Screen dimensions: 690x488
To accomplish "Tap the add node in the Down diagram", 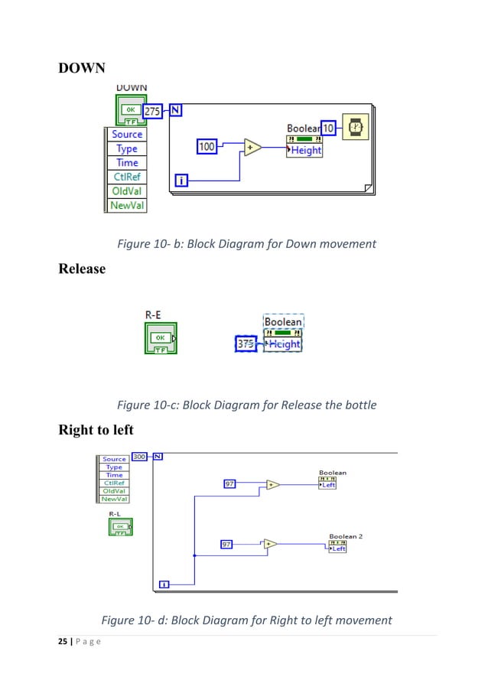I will (252, 147).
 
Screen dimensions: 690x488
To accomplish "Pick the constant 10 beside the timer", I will (328, 129).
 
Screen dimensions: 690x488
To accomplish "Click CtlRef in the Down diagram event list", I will (126, 177).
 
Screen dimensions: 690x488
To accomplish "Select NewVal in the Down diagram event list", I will (126, 205).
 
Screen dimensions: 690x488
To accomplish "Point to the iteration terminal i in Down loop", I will (182, 181).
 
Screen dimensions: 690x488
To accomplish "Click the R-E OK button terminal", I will (161, 337).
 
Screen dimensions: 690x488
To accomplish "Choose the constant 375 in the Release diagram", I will (246, 344).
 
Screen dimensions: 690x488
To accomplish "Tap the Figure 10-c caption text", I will (246, 404).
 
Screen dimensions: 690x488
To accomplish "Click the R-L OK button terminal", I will (120, 526).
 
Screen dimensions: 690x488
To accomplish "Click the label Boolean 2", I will (346, 536).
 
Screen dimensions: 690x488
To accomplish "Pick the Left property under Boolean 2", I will (337, 548).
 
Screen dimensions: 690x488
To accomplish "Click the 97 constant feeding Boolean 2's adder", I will (227, 544).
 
